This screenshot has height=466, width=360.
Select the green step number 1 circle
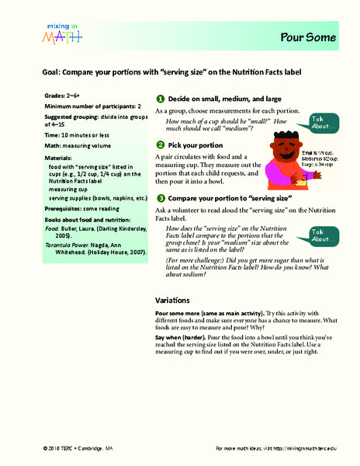[160, 99]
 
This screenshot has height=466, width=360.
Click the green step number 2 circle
[160, 145]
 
